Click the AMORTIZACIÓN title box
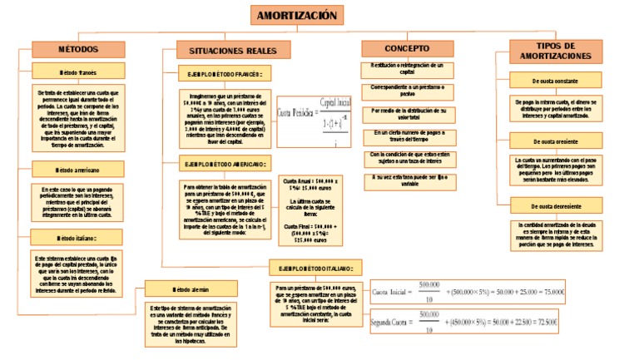coord(297,16)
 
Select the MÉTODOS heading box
coord(78,50)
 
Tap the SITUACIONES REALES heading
coord(221,51)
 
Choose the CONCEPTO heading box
coord(407,49)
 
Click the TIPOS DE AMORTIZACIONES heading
coord(557,51)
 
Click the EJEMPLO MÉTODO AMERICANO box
coord(225,165)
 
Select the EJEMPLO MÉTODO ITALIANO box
coord(316,269)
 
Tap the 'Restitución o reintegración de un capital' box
coord(408,69)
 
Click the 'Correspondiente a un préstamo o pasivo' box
coord(408,91)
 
